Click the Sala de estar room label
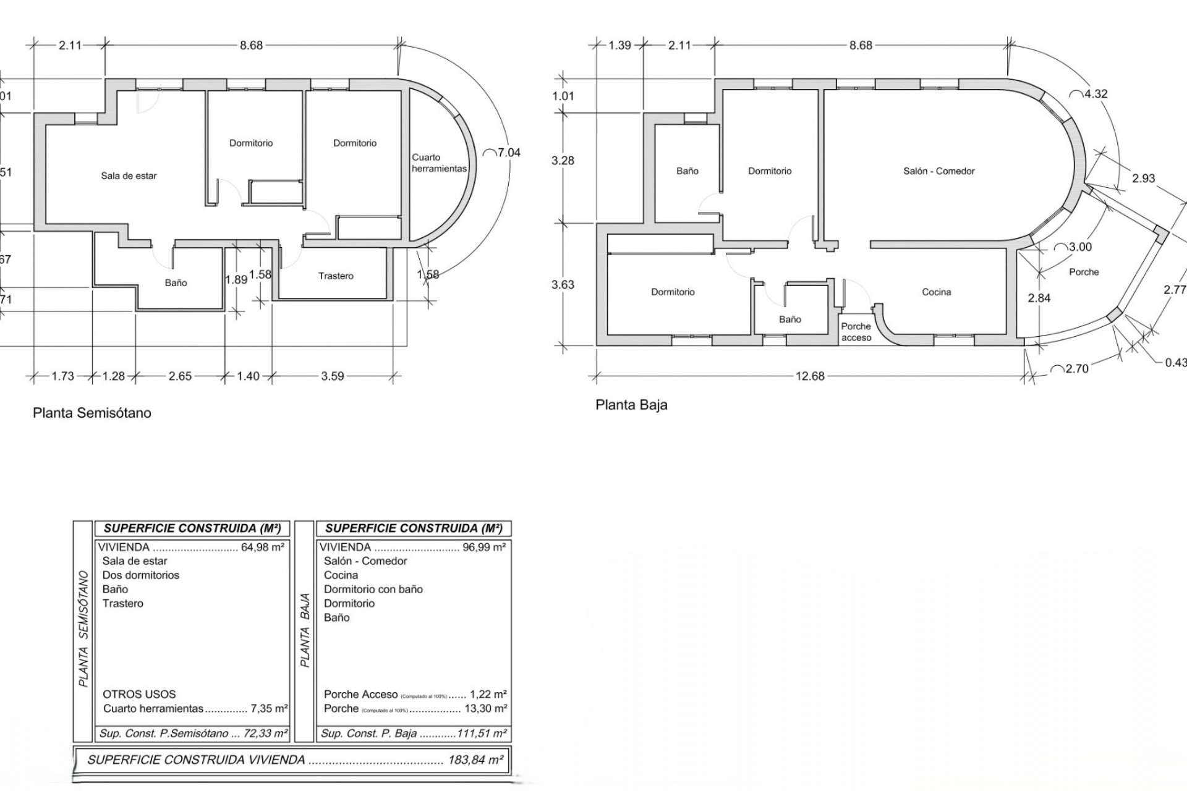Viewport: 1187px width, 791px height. [x=129, y=176]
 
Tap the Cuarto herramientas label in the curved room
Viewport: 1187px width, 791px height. [x=439, y=163]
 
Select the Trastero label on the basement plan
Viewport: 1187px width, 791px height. [x=336, y=276]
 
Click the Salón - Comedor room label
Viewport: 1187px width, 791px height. [x=938, y=171]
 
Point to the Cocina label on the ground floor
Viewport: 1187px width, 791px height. [x=936, y=292]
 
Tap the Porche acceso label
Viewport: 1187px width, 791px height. [x=856, y=332]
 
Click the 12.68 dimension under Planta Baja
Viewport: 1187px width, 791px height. [x=810, y=376]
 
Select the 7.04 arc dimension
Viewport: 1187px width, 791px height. [x=508, y=153]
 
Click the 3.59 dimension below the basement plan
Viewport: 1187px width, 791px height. [x=333, y=376]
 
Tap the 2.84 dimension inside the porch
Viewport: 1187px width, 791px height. [x=1039, y=298]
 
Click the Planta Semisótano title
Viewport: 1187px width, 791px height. [x=92, y=413]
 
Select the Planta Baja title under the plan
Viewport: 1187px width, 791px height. [x=631, y=405]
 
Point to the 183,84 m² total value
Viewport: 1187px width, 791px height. [x=475, y=759]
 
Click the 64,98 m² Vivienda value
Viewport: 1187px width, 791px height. [x=263, y=547]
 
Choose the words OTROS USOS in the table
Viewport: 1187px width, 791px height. [x=139, y=694]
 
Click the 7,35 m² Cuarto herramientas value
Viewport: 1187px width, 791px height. [x=270, y=708]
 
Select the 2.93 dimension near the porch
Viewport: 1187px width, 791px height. [x=1143, y=179]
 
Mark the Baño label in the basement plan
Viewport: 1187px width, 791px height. [x=176, y=283]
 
